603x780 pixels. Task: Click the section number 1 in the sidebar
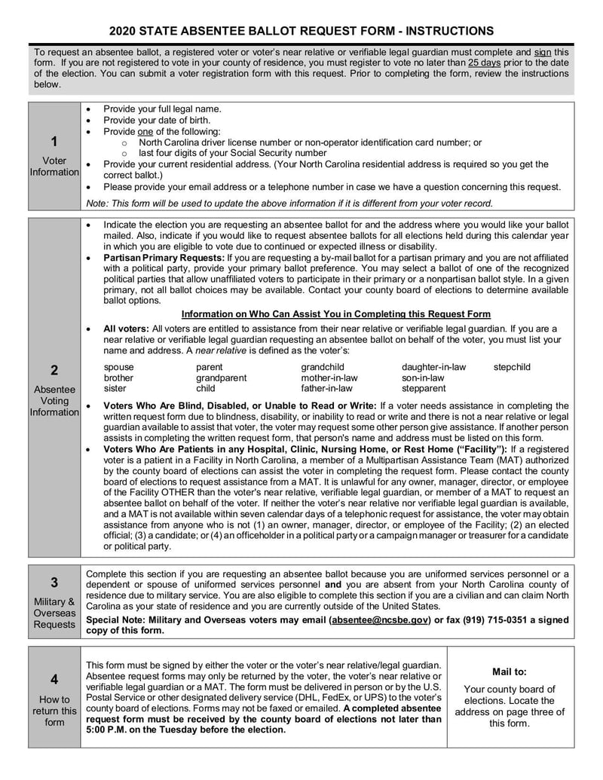pos(54,141)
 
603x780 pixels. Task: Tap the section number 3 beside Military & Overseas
pos(54,582)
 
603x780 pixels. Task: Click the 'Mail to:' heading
pos(510,671)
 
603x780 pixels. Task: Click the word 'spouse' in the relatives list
pos(118,367)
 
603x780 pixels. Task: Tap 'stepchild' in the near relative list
pos(512,367)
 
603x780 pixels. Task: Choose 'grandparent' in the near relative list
pos(221,378)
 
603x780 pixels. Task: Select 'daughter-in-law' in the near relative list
pos(433,367)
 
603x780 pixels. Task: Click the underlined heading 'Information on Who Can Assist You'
pos(336,314)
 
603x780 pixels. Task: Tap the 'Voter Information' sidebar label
pos(54,166)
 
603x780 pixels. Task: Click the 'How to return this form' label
pos(54,711)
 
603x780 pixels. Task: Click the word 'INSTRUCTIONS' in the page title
pos(450,30)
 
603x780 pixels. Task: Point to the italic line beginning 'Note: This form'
pos(289,203)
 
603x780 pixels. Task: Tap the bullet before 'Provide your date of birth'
pos(89,120)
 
